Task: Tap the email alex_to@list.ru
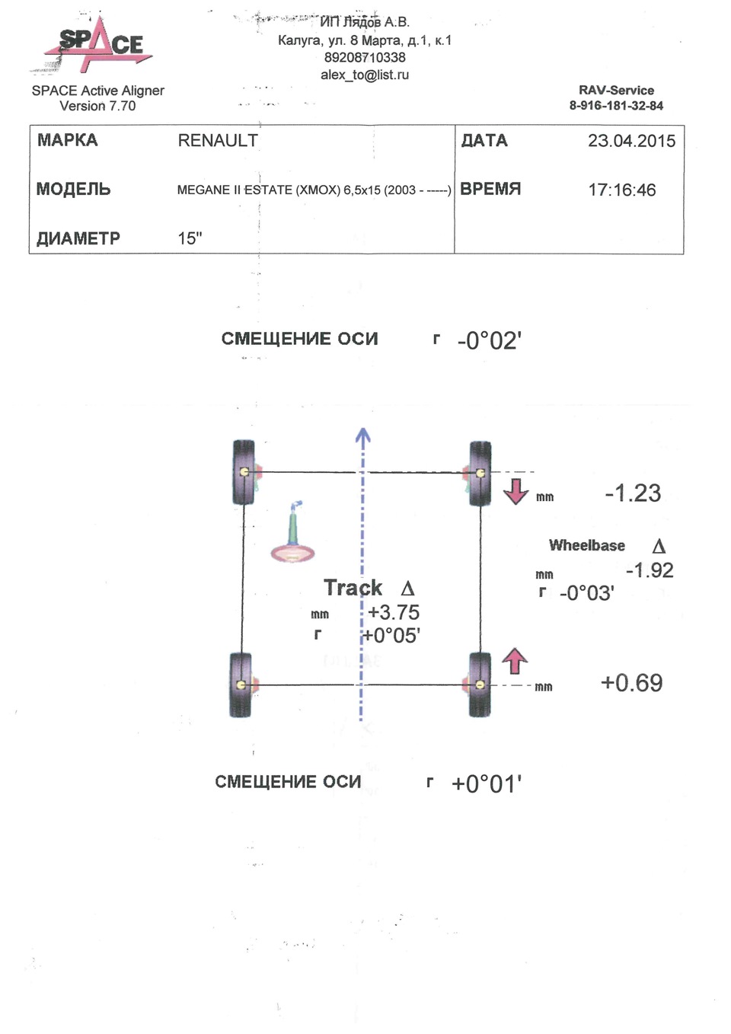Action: (x=365, y=75)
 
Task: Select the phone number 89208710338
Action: (x=365, y=57)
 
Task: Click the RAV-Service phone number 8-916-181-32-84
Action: (x=616, y=106)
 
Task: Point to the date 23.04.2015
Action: (x=631, y=141)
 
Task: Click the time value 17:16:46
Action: (x=621, y=190)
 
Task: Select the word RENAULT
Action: (x=218, y=140)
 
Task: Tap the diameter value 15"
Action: (x=190, y=238)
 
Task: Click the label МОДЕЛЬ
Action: (x=73, y=190)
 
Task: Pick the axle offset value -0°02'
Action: (x=489, y=340)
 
